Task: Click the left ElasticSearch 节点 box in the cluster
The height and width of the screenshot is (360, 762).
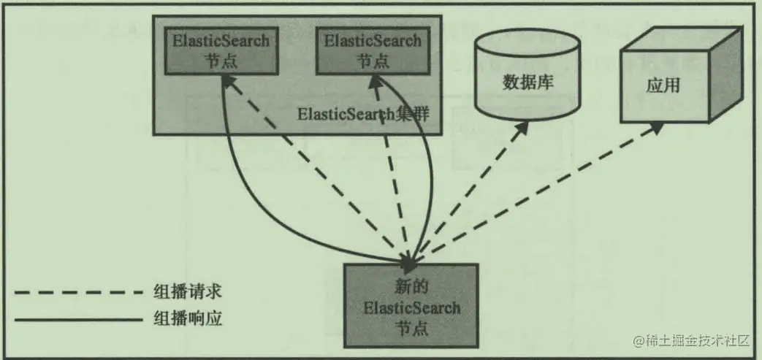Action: pos(221,51)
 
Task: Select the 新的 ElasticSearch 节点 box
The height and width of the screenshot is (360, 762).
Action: pos(411,305)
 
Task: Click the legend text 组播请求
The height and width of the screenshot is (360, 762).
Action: pos(187,293)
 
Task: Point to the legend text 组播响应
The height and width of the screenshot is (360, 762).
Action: pos(187,318)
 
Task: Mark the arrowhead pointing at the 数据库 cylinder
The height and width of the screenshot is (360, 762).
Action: pos(524,125)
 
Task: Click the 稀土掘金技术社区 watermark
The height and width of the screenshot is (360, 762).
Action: pos(691,340)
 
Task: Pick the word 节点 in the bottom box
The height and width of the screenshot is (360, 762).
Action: pos(411,327)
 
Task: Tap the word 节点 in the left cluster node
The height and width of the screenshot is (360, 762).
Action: pos(221,61)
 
